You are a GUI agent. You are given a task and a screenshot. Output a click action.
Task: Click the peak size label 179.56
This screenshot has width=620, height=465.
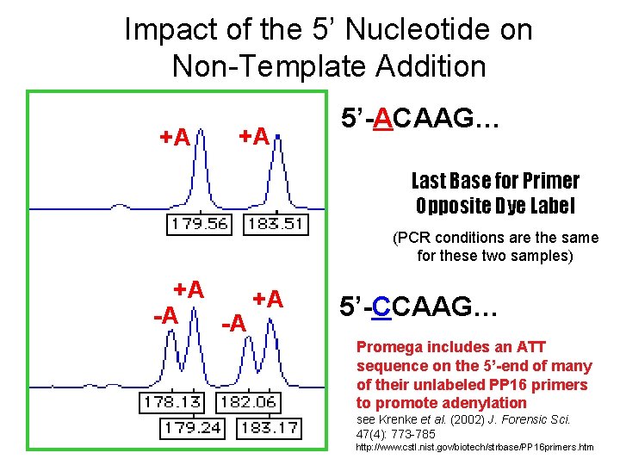pyautogui.click(x=200, y=225)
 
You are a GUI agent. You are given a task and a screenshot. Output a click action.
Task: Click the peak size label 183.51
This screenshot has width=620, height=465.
pyautogui.click(x=274, y=225)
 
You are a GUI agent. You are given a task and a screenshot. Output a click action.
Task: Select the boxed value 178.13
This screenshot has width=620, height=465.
pyautogui.click(x=173, y=403)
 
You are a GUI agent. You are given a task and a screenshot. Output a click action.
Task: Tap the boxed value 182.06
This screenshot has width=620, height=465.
pyautogui.click(x=249, y=403)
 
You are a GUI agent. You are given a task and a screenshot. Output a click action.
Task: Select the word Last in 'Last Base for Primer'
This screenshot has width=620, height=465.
pyautogui.click(x=427, y=181)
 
